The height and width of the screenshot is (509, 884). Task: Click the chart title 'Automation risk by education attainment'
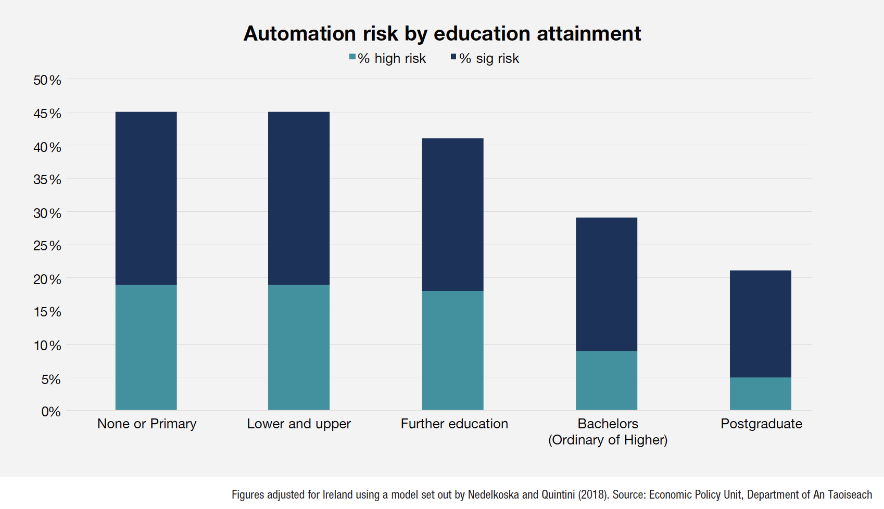pyautogui.click(x=442, y=34)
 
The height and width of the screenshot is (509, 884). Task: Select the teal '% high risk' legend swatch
pyautogui.click(x=352, y=57)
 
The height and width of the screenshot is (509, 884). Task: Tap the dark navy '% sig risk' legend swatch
pyautogui.click(x=453, y=57)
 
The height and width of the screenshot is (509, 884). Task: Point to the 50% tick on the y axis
pyautogui.click(x=47, y=80)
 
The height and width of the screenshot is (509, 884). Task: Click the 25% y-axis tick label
pyautogui.click(x=47, y=246)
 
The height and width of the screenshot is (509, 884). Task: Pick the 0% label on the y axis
pyautogui.click(x=51, y=412)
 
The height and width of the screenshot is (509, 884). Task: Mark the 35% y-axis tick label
pyautogui.click(x=47, y=180)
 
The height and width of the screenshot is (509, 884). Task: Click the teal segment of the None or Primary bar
pyautogui.click(x=146, y=347)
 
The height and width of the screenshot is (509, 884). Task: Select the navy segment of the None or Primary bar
pyautogui.click(x=146, y=198)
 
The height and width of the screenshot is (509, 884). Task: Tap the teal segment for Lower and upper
pyautogui.click(x=299, y=347)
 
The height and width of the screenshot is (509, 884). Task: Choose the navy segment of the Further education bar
pyautogui.click(x=452, y=214)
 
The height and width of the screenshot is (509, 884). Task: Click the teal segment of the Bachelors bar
pyautogui.click(x=607, y=380)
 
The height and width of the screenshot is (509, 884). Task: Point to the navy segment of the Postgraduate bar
pyautogui.click(x=761, y=324)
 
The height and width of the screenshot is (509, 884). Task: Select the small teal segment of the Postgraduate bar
pyautogui.click(x=761, y=393)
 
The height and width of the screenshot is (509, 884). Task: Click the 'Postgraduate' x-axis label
pyautogui.click(x=761, y=424)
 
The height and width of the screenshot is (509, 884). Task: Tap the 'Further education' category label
pyautogui.click(x=454, y=424)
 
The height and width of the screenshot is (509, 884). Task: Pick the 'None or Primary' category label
pyautogui.click(x=147, y=424)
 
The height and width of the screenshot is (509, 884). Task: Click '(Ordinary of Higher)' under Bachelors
pyautogui.click(x=608, y=440)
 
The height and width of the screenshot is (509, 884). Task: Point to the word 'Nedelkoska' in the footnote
pyautogui.click(x=493, y=494)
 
